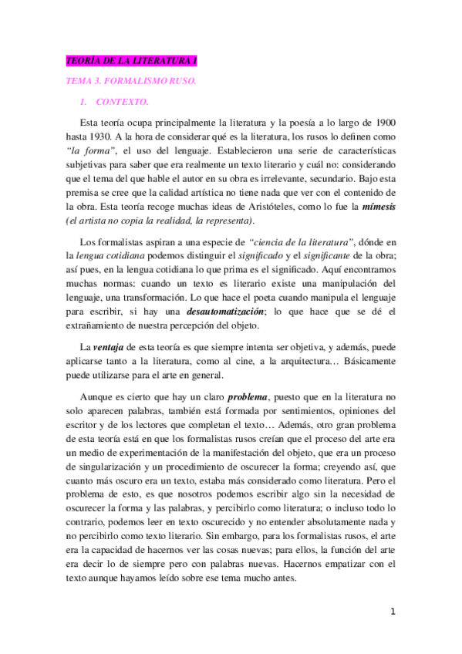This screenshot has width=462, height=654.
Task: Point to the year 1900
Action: click(385, 122)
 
